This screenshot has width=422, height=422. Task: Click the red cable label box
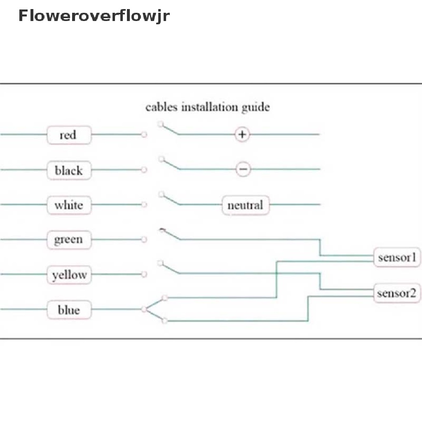click(x=68, y=135)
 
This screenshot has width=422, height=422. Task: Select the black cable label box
click(x=68, y=170)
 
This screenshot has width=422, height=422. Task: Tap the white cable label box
click(x=68, y=205)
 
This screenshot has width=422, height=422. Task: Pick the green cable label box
click(x=68, y=239)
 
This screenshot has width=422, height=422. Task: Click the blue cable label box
click(x=68, y=309)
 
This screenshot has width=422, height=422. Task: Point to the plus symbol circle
click(x=242, y=134)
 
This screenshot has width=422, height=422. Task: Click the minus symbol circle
click(x=243, y=169)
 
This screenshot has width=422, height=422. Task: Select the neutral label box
click(x=245, y=205)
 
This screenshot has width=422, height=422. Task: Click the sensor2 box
click(x=396, y=293)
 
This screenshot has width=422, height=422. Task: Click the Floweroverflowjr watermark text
click(x=94, y=16)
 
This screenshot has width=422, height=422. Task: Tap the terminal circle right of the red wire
click(x=144, y=135)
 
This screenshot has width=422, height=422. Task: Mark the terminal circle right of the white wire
click(x=144, y=204)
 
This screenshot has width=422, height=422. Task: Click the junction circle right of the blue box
click(x=144, y=309)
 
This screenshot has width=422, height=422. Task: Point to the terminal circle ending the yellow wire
click(x=144, y=274)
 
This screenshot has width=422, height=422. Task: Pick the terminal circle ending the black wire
click(x=144, y=169)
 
